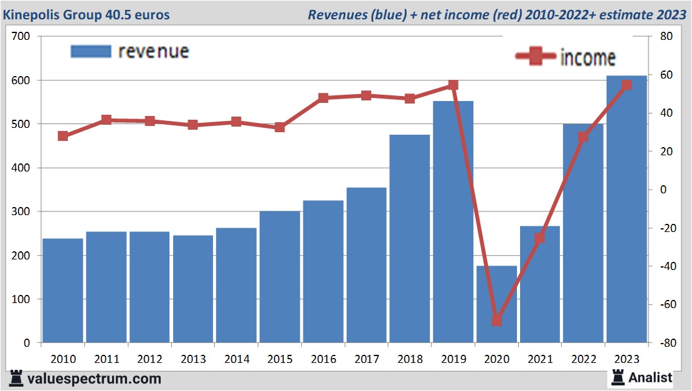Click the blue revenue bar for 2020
[x=496, y=304]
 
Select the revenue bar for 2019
[x=453, y=222]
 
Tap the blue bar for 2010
[x=63, y=291]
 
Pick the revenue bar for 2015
[x=280, y=277]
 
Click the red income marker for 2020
[x=496, y=321]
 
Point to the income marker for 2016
[x=323, y=98]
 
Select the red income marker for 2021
[x=539, y=238]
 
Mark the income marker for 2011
[x=107, y=120]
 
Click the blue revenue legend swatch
[x=90, y=52]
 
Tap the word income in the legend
[x=588, y=57]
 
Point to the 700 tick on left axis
[x=21, y=37]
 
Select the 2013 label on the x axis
[x=193, y=359]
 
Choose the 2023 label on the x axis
[x=627, y=359]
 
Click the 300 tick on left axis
[x=21, y=212]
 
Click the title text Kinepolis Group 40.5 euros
[x=87, y=14]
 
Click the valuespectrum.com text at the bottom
[x=94, y=379]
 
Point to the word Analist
[x=650, y=377]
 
